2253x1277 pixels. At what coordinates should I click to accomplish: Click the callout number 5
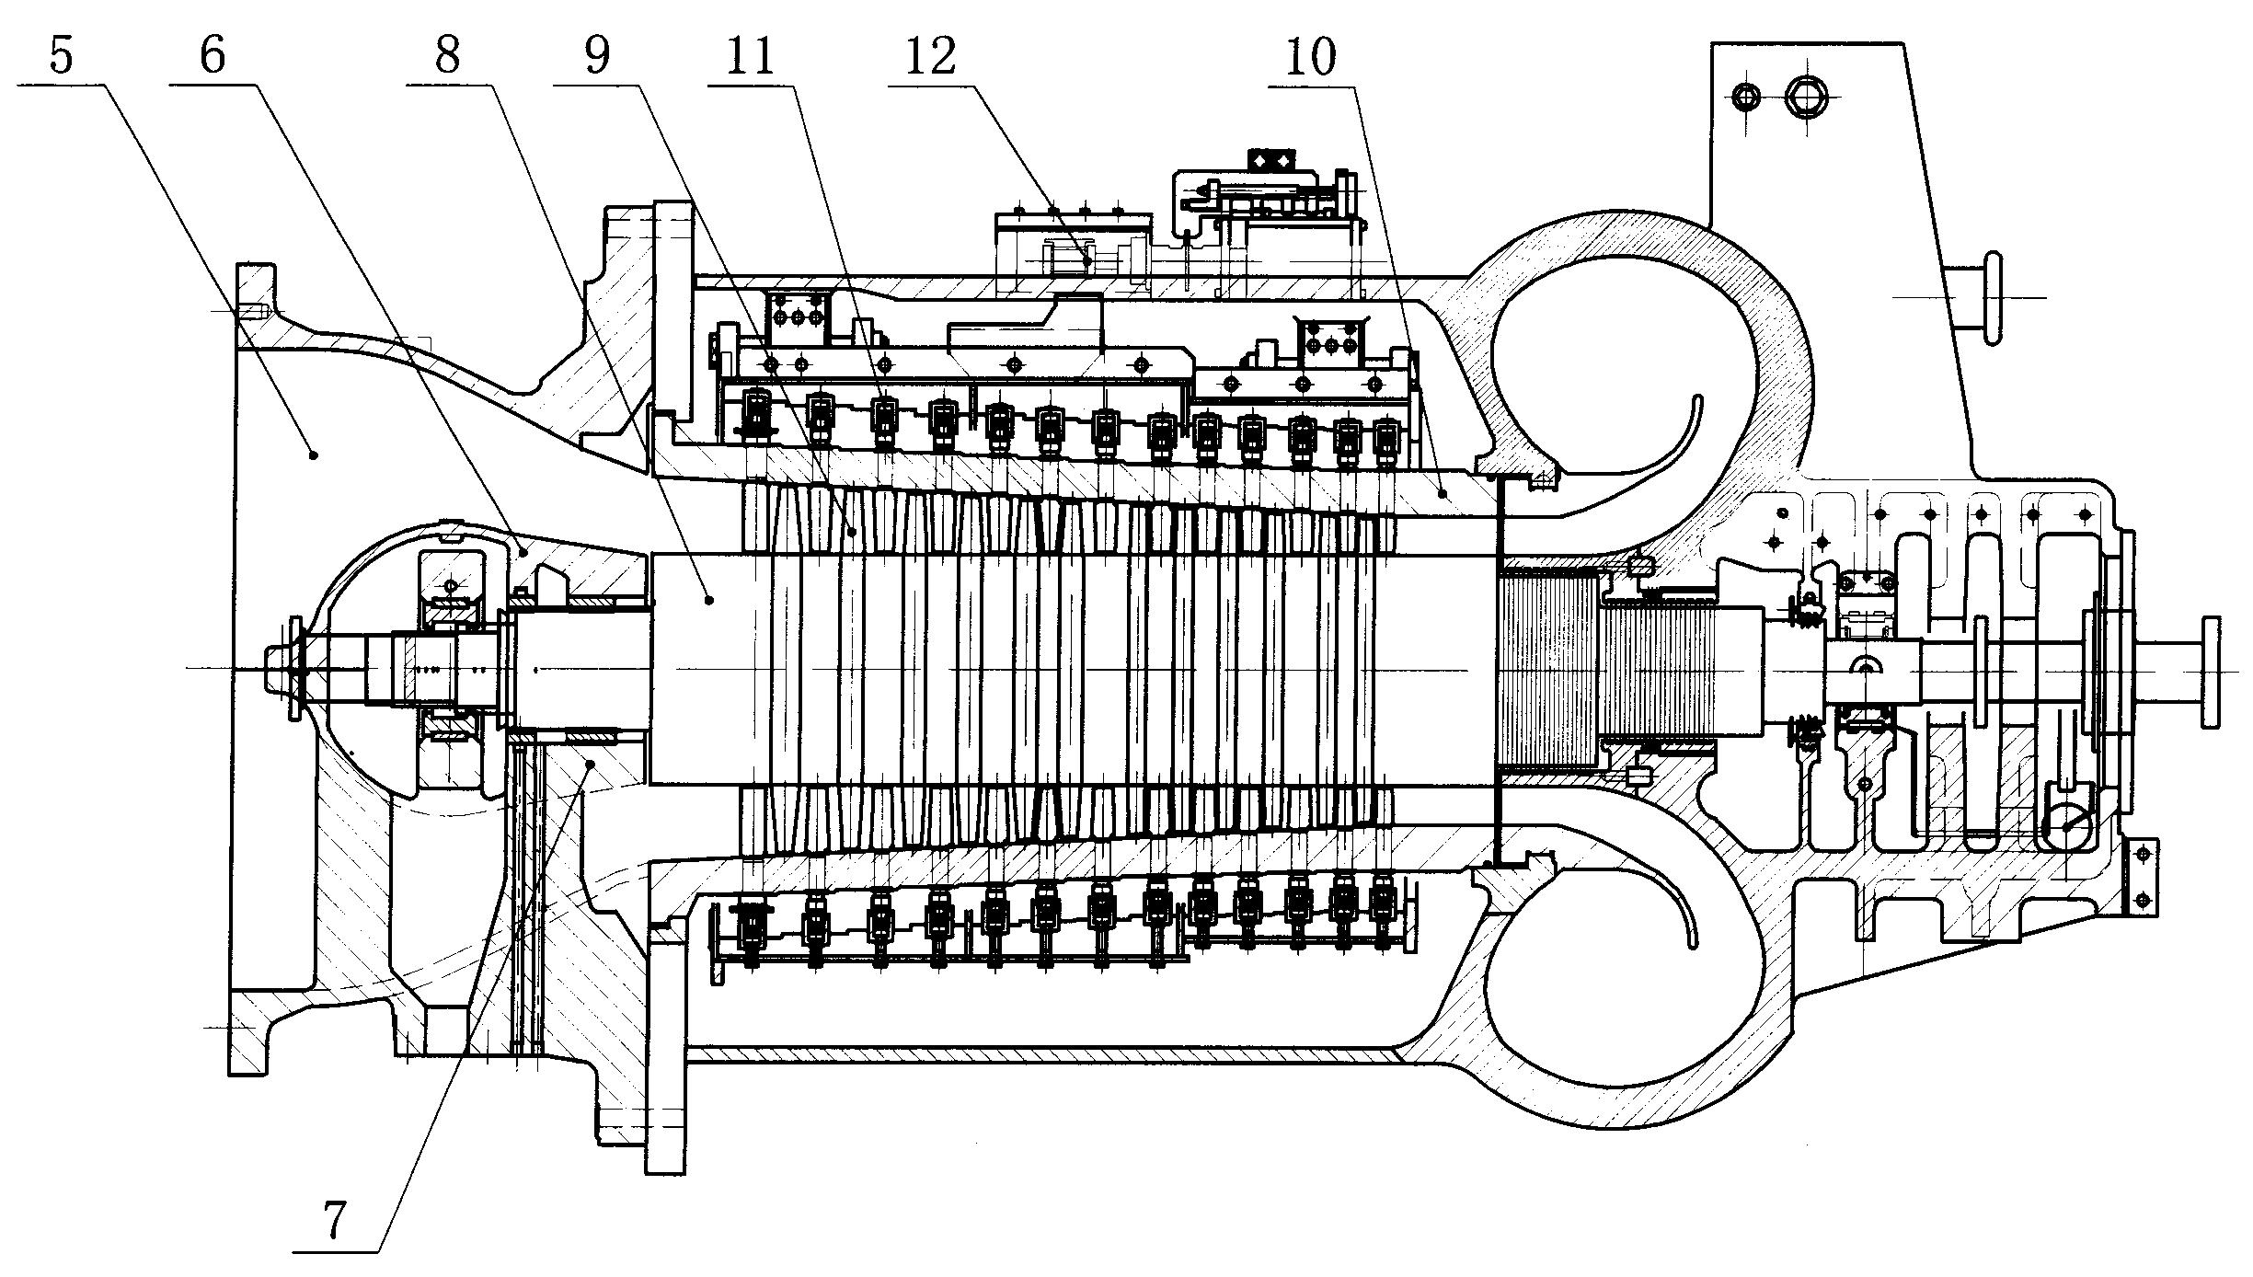click(x=61, y=57)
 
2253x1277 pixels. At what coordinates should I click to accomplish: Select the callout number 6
click(x=212, y=57)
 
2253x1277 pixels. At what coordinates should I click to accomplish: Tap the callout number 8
click(x=447, y=57)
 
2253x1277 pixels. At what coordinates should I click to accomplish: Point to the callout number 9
click(x=596, y=57)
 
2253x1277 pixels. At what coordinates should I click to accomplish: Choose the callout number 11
click(x=751, y=57)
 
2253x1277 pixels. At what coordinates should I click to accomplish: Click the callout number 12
click(x=931, y=57)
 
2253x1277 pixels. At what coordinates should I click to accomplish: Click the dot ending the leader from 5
click(x=314, y=454)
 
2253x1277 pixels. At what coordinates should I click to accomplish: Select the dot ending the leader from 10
click(x=1443, y=494)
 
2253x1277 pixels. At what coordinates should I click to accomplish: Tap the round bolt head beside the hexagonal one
click(x=1745, y=95)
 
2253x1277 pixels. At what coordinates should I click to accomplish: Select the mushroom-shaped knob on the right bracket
click(x=1990, y=298)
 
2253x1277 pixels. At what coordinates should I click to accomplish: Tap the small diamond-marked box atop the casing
click(x=1270, y=160)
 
